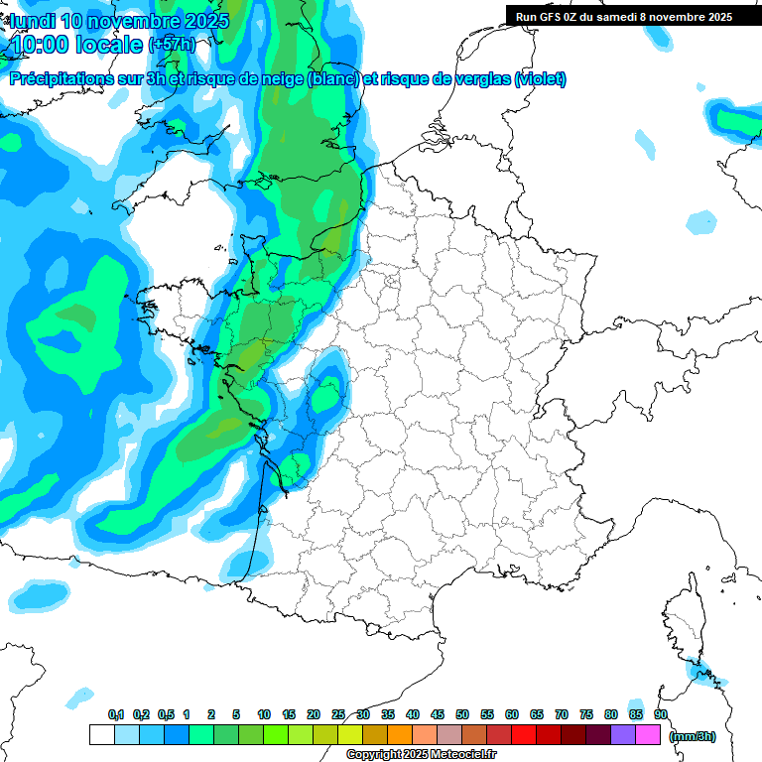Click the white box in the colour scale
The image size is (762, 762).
(101, 734)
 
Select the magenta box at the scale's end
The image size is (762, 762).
(648, 734)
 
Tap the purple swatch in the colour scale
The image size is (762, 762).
(623, 734)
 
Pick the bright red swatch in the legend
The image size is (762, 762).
(524, 734)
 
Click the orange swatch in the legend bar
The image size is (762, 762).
(400, 734)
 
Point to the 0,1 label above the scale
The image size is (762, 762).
(116, 715)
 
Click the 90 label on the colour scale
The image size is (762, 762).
(661, 715)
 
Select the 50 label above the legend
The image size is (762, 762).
(462, 715)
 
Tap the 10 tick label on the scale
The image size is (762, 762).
(264, 715)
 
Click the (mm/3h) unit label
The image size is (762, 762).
(693, 736)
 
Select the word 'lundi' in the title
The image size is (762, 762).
(33, 21)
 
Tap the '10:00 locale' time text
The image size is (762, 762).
(76, 46)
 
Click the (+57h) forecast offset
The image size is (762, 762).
(173, 46)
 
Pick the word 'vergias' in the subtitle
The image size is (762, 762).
(480, 79)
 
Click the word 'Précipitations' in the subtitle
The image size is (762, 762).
(59, 79)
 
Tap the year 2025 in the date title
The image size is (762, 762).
(205, 21)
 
